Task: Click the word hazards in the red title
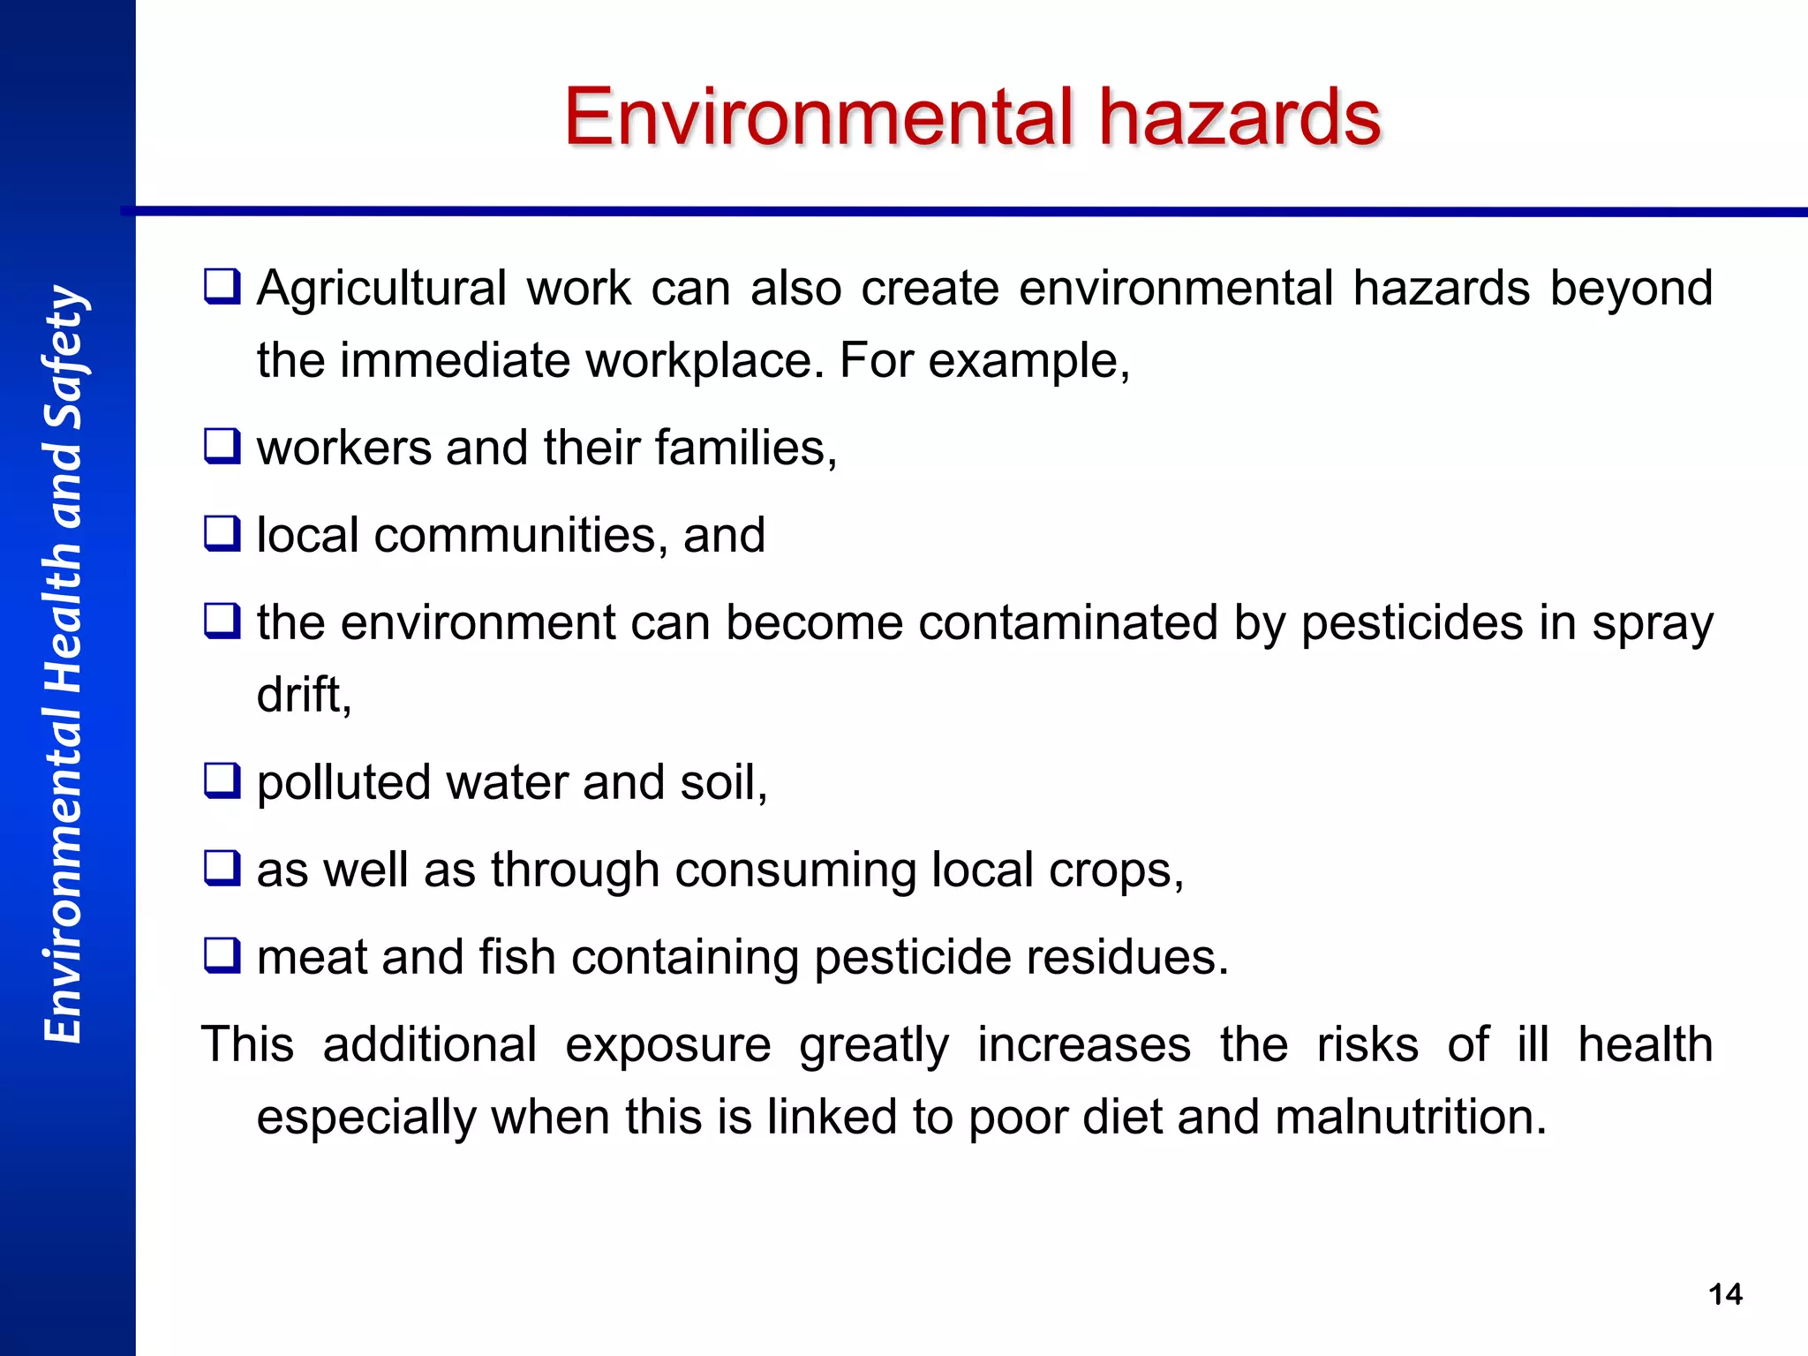click(x=1239, y=117)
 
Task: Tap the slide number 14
click(x=1725, y=1294)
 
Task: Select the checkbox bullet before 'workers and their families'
click(x=222, y=447)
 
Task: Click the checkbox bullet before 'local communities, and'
click(x=222, y=534)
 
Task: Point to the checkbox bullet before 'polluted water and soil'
click(x=222, y=781)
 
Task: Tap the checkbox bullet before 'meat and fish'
click(x=222, y=956)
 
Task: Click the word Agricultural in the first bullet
click(x=381, y=290)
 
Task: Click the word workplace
click(x=704, y=361)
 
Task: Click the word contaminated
click(x=1068, y=623)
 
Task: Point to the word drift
click(x=304, y=695)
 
